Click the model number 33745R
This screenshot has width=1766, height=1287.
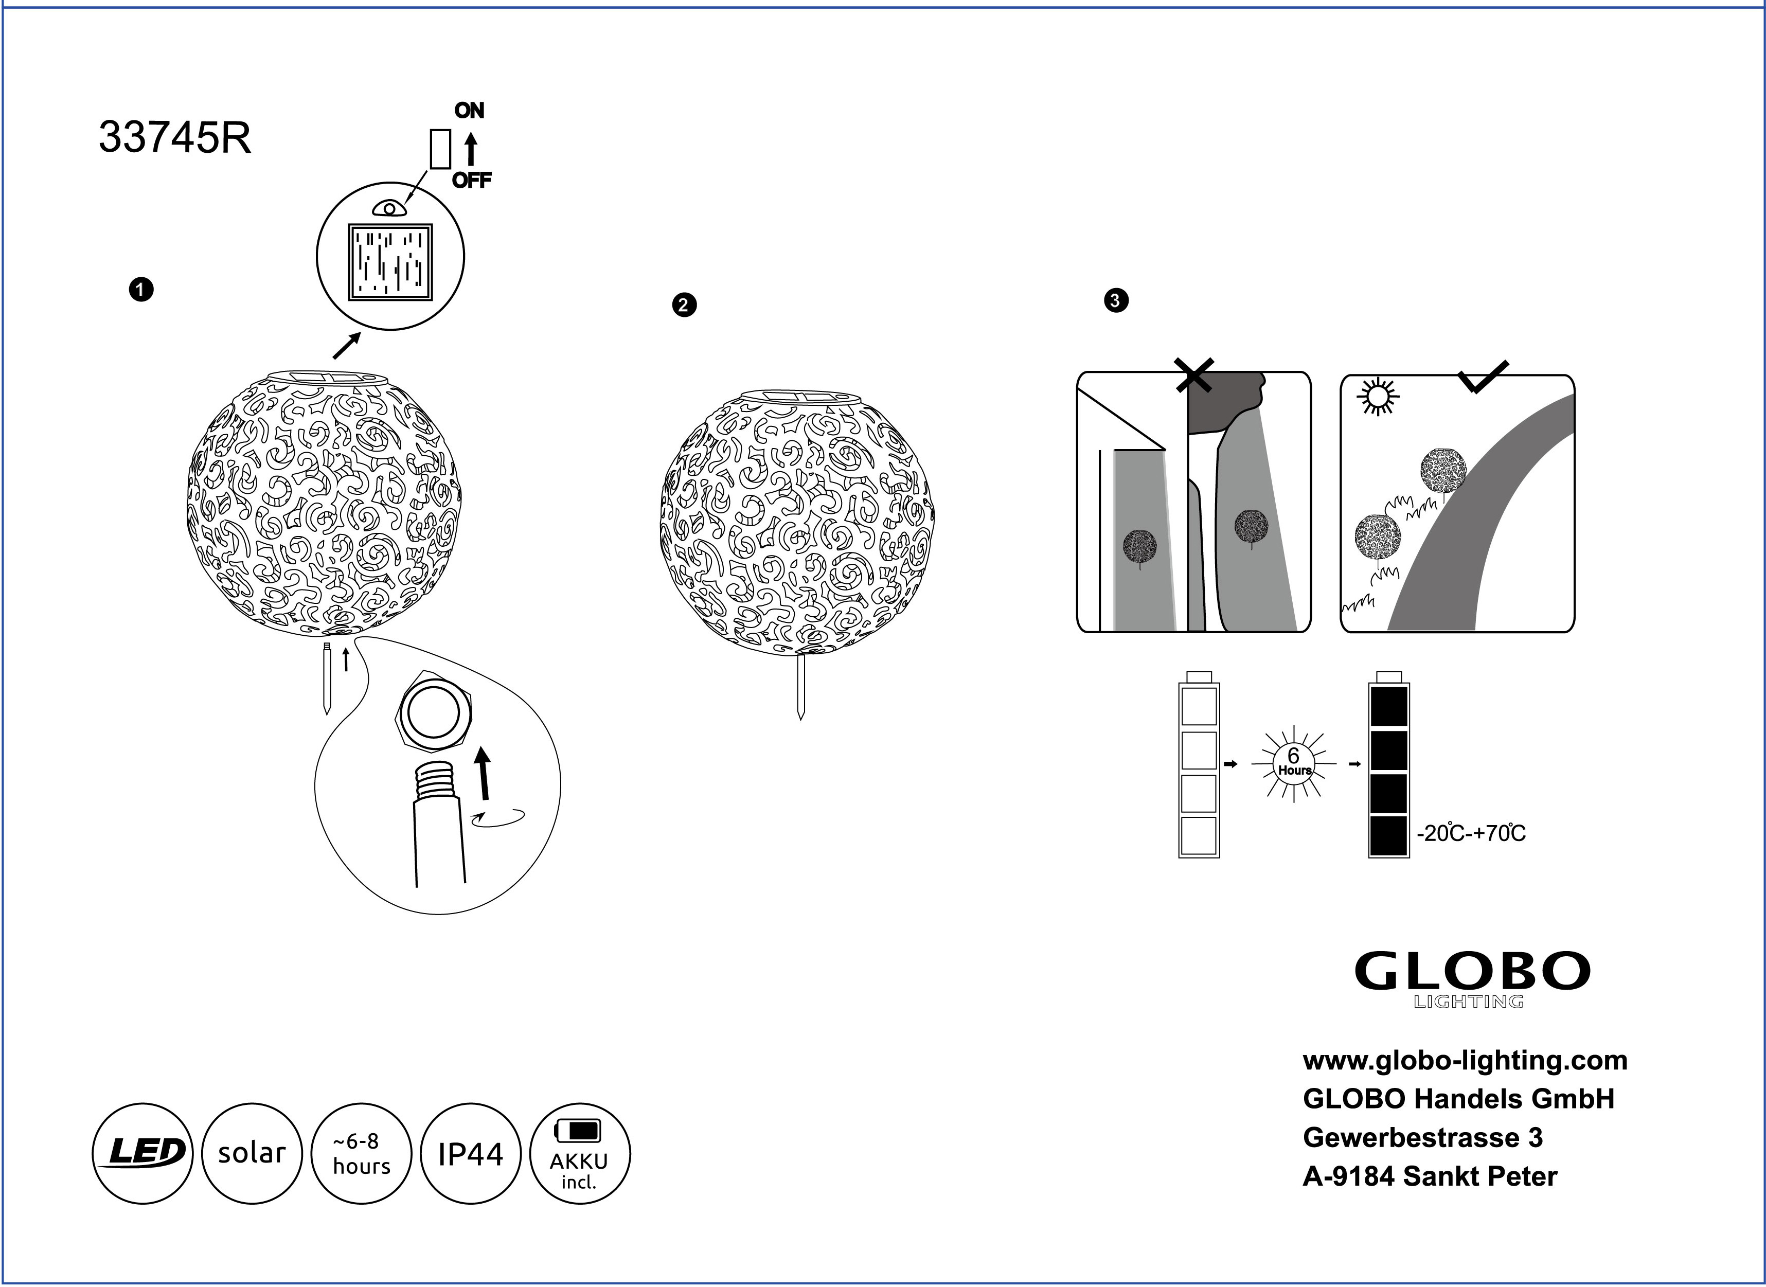(174, 139)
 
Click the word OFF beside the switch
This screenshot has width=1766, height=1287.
(471, 181)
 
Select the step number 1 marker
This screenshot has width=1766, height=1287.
(141, 290)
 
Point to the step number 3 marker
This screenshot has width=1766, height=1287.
(1116, 301)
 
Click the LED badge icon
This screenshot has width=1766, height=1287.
(142, 1153)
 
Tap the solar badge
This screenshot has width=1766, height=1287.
(252, 1153)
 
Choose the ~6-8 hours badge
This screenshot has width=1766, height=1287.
(361, 1153)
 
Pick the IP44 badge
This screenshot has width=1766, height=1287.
(470, 1153)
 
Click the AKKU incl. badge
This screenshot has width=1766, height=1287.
(579, 1153)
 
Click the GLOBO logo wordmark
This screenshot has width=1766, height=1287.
(1472, 972)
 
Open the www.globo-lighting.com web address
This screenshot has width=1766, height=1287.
(1465, 1060)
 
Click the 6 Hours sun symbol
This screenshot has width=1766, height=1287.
(1293, 763)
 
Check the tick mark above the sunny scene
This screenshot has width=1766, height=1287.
(1483, 377)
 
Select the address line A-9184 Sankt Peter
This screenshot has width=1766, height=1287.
(1430, 1176)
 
